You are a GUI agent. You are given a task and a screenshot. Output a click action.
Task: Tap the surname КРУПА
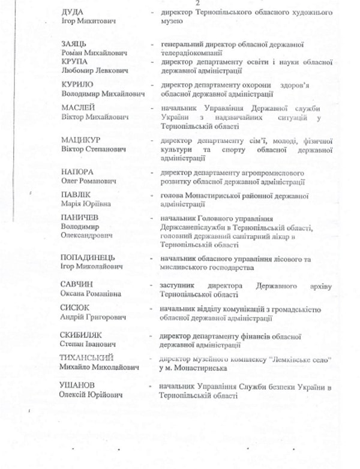pos(75,61)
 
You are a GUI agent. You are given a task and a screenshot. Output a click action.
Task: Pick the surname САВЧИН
pos(77,284)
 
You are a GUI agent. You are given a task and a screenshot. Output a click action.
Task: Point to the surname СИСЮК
pos(74,308)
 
